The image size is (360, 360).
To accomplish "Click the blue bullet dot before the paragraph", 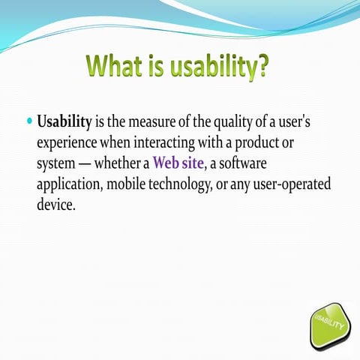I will pyautogui.click(x=29, y=121).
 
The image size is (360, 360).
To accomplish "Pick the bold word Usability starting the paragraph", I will pyautogui.click(x=64, y=122).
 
